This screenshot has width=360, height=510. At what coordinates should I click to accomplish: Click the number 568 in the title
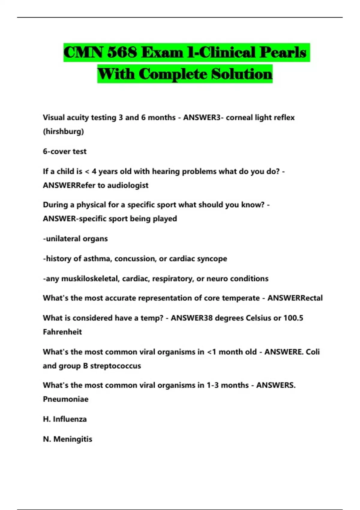tap(122, 52)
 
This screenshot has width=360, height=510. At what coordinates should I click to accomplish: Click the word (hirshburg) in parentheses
tap(63, 131)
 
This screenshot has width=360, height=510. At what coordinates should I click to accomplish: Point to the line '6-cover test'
tap(64, 151)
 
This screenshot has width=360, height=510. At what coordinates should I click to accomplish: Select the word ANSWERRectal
tap(295, 298)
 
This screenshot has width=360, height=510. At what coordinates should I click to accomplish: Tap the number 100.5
tap(293, 318)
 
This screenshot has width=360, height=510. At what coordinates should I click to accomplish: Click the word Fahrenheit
tap(62, 332)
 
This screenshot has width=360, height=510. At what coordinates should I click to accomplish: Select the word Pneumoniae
tap(66, 399)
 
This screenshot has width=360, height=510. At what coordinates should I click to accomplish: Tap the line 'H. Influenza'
tap(65, 419)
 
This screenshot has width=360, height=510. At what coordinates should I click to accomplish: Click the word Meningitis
tap(73, 439)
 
